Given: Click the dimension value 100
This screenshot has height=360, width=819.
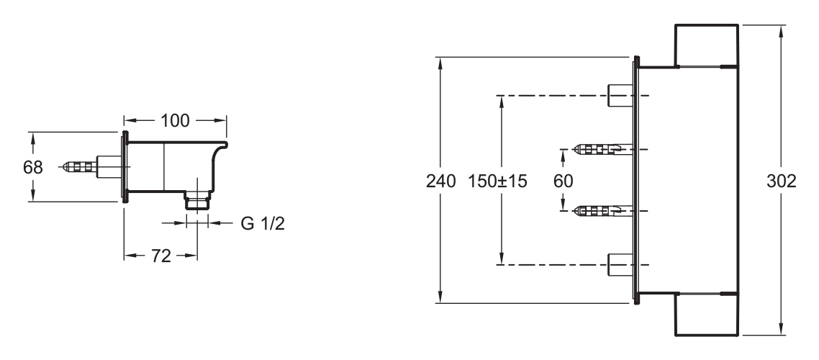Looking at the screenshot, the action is tap(174, 120).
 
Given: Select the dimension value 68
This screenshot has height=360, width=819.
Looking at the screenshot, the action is tap(33, 167).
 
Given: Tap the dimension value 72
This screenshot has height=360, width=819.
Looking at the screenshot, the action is tap(161, 256).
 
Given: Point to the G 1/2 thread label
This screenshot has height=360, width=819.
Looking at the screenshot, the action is tap(263, 223).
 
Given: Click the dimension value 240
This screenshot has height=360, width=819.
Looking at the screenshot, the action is tap(441, 181).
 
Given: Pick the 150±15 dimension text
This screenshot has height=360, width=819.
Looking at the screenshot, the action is tap(497, 181).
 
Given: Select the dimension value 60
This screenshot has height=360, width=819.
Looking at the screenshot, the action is tap(563, 181).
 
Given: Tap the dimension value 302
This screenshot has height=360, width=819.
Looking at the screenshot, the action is tap(782, 181).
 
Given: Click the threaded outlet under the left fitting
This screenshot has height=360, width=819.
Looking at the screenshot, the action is tap(197, 199).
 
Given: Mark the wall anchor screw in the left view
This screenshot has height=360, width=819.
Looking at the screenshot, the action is tap(79, 167).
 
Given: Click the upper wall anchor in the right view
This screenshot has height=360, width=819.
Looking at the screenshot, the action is tap(601, 150).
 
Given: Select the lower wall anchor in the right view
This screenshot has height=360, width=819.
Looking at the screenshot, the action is tap(601, 211).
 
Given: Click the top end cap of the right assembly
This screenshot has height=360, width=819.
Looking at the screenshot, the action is tap(707, 45).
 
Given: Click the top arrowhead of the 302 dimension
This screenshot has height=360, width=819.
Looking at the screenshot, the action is tap(782, 32).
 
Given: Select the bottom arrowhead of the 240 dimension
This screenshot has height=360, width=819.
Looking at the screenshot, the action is tap(441, 296).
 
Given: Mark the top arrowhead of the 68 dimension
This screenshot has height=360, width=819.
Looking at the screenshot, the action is tap(33, 138).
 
